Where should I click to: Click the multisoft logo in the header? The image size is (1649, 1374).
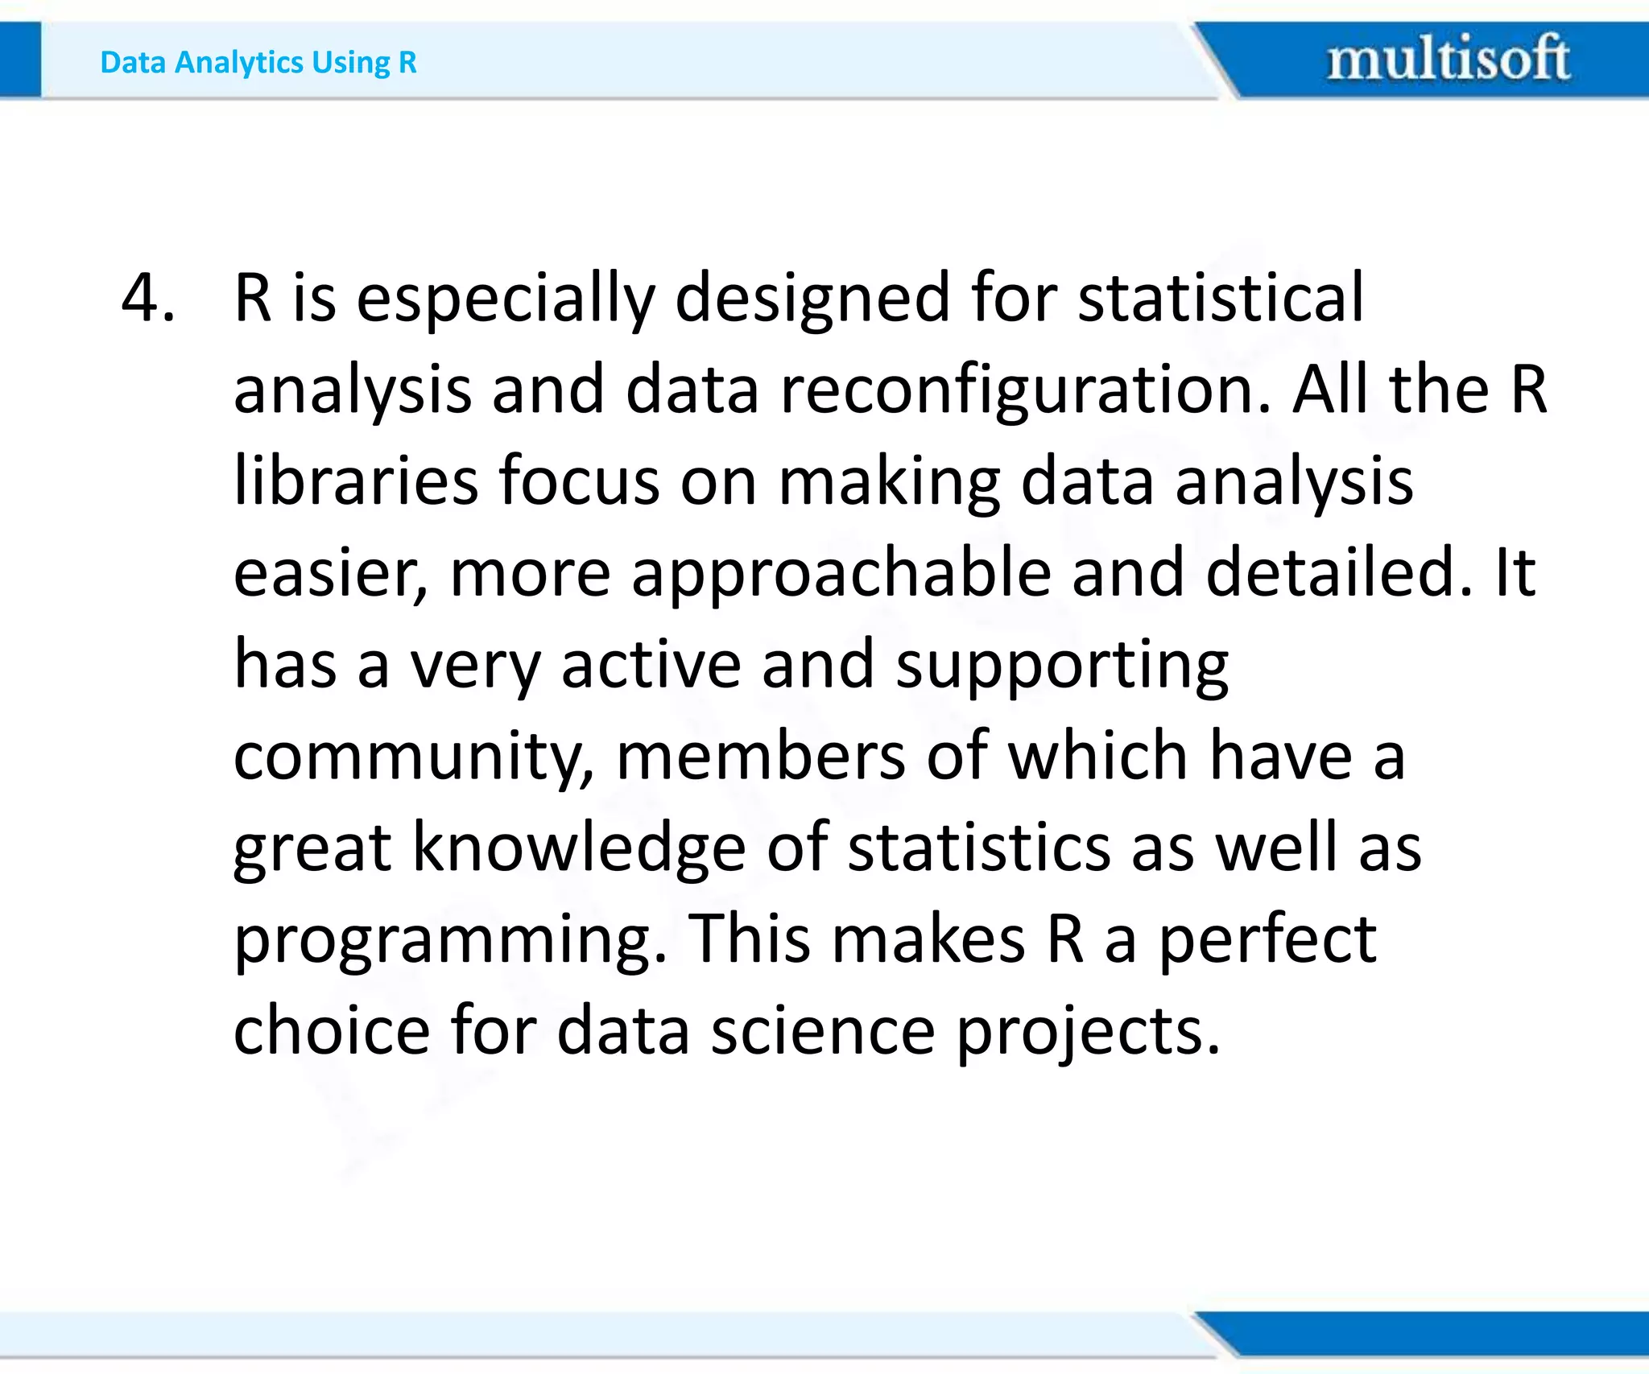tap(1448, 58)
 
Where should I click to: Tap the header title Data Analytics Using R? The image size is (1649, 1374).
tap(258, 62)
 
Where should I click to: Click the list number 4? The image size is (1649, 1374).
tap(147, 298)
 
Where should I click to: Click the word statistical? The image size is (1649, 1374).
tap(1221, 298)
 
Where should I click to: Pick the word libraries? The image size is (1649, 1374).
tap(356, 481)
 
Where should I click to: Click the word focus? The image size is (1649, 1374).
tap(579, 481)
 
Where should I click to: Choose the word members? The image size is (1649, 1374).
tap(760, 757)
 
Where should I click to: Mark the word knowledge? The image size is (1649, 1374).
tap(579, 849)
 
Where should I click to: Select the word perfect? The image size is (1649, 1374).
tap(1267, 940)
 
